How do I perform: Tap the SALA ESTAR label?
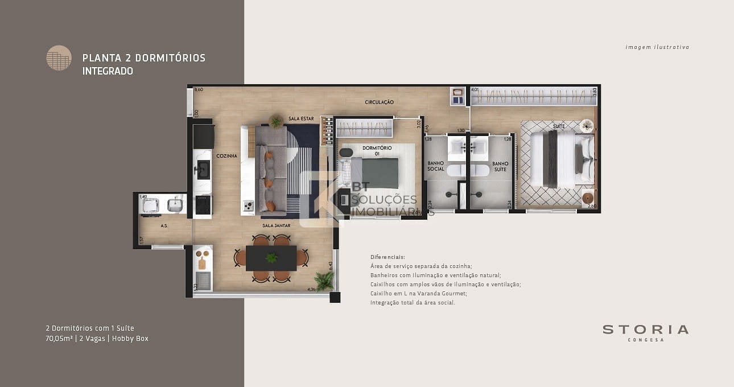coord(302,118)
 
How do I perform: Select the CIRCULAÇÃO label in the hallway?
coord(379,102)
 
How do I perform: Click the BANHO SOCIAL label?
coord(436,166)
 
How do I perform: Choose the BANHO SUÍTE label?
coord(500,166)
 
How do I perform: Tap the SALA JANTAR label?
coord(277,225)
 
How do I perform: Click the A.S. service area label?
coord(163,226)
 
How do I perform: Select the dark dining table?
coord(271,258)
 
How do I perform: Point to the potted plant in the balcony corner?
coord(324,281)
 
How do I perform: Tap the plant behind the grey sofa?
coord(276,121)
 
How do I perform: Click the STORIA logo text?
coord(645,330)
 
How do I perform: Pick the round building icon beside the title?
coord(59,57)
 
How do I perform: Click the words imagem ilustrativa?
coord(657,47)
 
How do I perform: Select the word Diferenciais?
coord(387,257)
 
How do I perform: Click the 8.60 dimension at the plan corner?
coord(198,90)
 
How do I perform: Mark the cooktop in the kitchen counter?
coord(203,204)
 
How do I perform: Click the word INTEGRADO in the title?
coord(108,71)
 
